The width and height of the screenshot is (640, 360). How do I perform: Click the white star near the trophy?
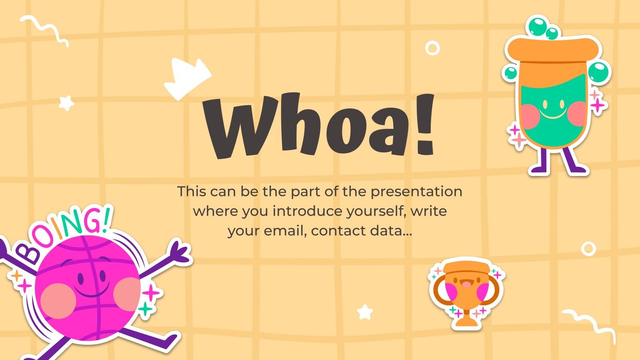[x=365, y=312]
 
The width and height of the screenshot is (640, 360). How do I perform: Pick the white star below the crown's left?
[x=66, y=103]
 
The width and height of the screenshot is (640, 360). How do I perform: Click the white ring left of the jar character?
[x=432, y=48]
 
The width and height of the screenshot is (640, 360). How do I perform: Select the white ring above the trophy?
[x=588, y=248]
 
